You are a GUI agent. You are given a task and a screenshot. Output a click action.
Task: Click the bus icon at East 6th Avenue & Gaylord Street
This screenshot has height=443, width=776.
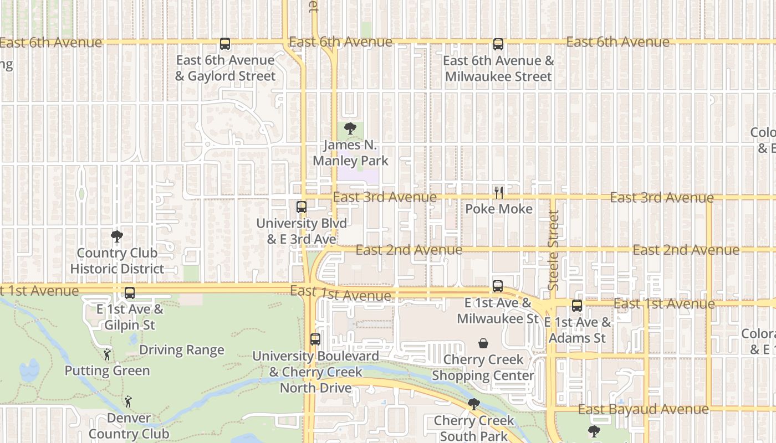(225, 44)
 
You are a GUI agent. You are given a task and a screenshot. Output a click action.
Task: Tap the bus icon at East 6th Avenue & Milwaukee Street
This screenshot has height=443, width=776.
(498, 44)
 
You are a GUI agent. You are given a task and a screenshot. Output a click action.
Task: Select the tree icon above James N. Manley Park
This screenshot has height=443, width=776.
(350, 129)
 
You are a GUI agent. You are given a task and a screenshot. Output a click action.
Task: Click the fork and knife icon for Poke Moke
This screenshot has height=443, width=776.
(499, 193)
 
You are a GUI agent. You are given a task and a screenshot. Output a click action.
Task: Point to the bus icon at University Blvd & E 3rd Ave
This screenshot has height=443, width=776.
(302, 207)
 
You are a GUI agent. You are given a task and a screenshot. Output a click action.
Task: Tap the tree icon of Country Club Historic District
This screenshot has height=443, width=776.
(117, 237)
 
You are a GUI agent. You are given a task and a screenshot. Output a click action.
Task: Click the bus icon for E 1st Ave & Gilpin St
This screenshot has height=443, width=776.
(130, 293)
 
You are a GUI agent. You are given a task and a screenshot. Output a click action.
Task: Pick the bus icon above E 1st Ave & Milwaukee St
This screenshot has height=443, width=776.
(498, 286)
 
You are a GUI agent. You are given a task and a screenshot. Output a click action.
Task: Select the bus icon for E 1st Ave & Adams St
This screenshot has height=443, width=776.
(577, 305)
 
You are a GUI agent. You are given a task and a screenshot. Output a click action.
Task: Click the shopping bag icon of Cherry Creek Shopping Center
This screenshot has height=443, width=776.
(483, 343)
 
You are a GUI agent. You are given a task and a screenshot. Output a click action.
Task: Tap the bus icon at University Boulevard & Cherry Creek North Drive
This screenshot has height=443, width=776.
(315, 339)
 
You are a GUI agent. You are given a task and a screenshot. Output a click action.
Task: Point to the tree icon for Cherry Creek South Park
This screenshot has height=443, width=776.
(473, 404)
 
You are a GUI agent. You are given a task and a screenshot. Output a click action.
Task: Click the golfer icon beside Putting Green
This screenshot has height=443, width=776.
(107, 354)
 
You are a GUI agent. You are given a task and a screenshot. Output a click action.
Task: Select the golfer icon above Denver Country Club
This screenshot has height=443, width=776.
(128, 401)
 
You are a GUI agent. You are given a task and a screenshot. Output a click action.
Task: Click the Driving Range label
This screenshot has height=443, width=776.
(181, 350)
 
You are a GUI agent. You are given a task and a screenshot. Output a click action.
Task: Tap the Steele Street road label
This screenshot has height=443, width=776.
(553, 250)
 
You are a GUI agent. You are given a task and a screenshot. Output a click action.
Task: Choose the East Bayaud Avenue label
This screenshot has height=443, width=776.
(643, 409)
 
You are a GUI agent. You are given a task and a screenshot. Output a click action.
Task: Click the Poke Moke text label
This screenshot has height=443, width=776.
(499, 209)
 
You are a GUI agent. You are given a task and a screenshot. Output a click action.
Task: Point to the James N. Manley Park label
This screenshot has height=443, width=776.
(350, 153)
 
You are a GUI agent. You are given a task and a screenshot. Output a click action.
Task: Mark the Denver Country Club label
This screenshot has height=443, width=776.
(129, 426)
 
